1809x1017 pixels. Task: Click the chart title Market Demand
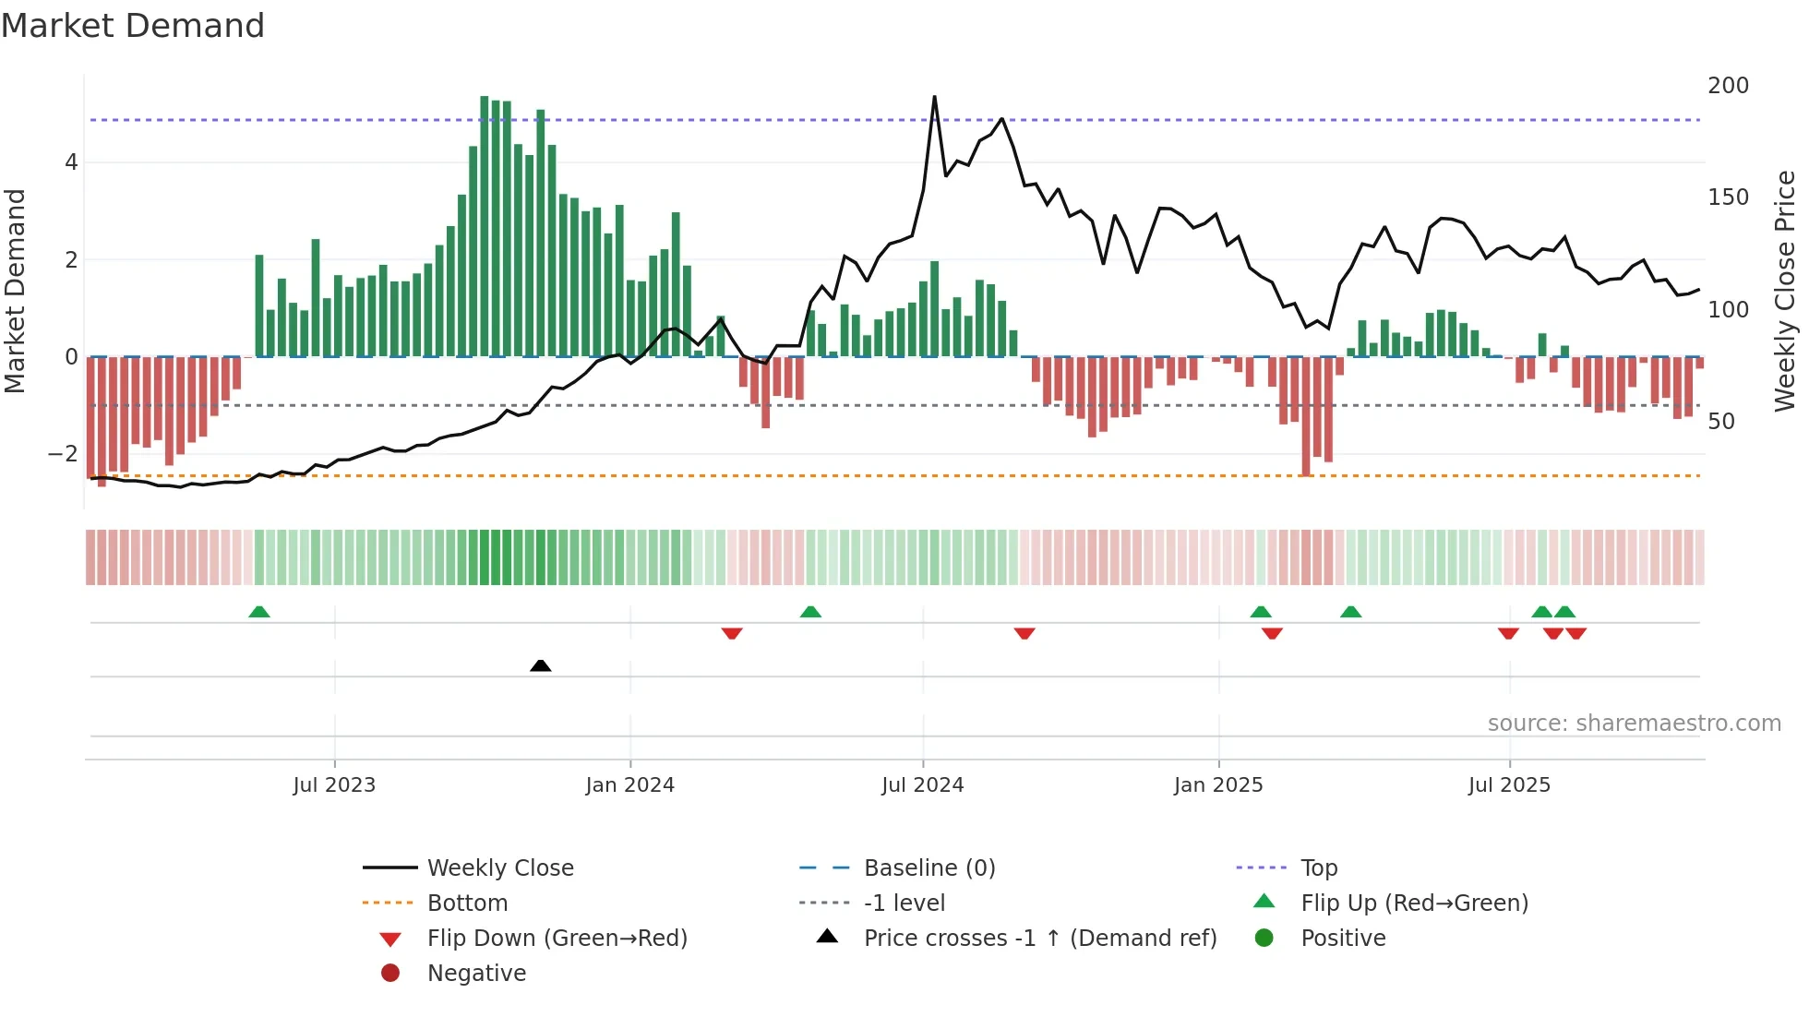(133, 26)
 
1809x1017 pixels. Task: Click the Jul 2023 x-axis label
(334, 785)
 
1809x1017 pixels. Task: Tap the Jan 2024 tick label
(630, 785)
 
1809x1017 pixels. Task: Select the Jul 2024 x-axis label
(923, 785)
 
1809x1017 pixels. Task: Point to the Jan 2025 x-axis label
(1218, 785)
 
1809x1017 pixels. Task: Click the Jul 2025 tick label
(1510, 785)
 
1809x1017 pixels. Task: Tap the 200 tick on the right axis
(1728, 86)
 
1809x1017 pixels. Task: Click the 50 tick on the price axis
(1721, 422)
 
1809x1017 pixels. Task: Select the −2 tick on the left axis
(63, 454)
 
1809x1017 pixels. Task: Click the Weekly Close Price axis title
(1785, 291)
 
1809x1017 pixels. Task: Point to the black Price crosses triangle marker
(541, 665)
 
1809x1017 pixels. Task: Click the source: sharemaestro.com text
(1634, 724)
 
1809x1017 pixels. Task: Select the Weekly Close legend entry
(500, 868)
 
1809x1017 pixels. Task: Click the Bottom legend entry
(467, 903)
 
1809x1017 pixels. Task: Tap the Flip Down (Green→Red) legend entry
(557, 939)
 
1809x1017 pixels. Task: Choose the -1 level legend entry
(904, 903)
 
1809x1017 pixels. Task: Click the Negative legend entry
(476, 974)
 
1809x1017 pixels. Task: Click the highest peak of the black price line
(934, 97)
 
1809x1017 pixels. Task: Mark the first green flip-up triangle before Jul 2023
(259, 612)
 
